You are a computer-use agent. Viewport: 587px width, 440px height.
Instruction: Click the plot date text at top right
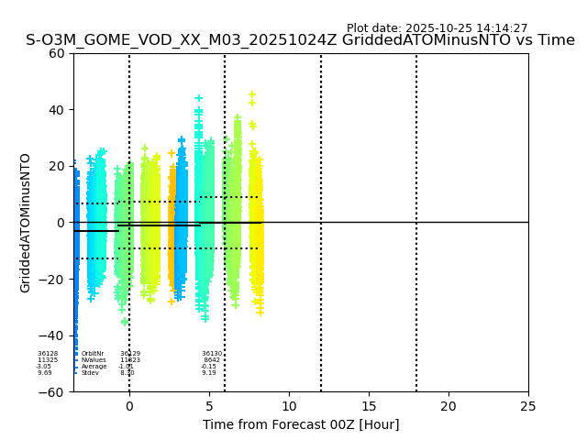pyautogui.click(x=437, y=28)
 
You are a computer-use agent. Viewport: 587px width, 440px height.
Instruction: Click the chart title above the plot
pyautogui.click(x=300, y=40)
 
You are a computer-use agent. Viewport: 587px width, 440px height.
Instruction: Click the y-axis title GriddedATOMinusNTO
pyautogui.click(x=26, y=223)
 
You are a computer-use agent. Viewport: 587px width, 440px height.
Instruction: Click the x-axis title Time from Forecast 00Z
pyautogui.click(x=301, y=424)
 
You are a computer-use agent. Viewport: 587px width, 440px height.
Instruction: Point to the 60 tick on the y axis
pyautogui.click(x=57, y=53)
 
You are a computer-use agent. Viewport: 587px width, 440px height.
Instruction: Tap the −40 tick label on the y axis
pyautogui.click(x=52, y=335)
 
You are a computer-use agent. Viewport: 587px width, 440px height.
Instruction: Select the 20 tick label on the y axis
pyautogui.click(x=57, y=166)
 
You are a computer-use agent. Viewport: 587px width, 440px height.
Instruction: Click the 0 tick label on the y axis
pyautogui.click(x=61, y=223)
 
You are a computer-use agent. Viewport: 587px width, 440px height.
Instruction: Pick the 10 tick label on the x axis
pyautogui.click(x=289, y=406)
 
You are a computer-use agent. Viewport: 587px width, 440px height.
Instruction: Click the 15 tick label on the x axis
pyautogui.click(x=369, y=406)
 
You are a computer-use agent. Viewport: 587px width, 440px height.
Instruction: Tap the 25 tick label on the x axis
pyautogui.click(x=528, y=406)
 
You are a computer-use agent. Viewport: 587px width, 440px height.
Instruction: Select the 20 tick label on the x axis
pyautogui.click(x=449, y=406)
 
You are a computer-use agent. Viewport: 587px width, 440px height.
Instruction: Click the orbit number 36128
pyautogui.click(x=48, y=354)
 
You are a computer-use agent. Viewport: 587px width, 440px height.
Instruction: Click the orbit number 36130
pyautogui.click(x=212, y=354)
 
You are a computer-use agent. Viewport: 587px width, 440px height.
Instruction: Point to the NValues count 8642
pyautogui.click(x=212, y=360)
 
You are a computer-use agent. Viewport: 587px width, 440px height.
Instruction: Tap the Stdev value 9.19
pyautogui.click(x=209, y=373)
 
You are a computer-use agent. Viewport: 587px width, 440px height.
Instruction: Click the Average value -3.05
pyautogui.click(x=44, y=367)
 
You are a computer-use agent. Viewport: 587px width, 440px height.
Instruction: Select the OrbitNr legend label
pyautogui.click(x=93, y=354)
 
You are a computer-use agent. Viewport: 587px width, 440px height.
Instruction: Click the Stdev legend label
pyautogui.click(x=90, y=373)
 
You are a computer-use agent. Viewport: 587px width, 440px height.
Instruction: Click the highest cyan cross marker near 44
pyautogui.click(x=198, y=98)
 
